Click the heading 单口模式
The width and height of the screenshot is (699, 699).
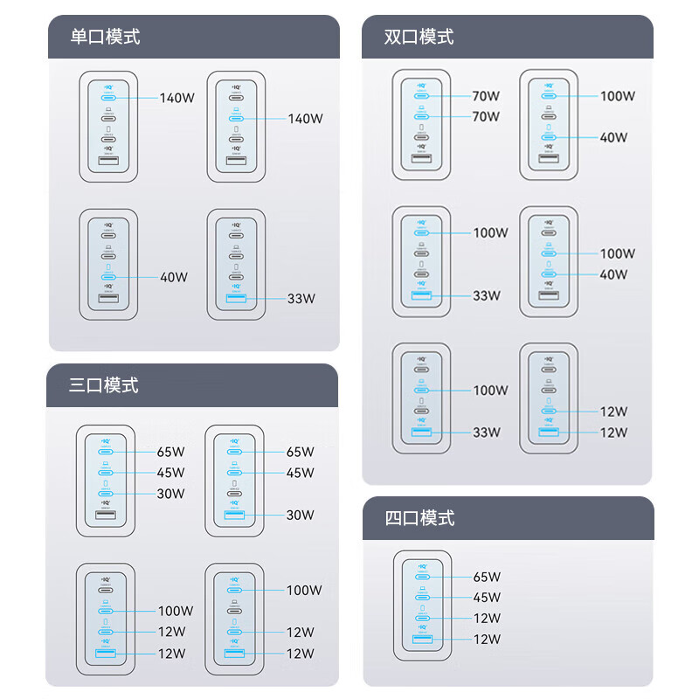pos(105,37)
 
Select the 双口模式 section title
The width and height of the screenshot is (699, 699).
pos(419,37)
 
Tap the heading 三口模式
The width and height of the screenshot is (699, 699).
pos(104,385)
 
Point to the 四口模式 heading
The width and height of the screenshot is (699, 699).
pos(419,518)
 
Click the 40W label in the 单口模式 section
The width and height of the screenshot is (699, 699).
pos(173,278)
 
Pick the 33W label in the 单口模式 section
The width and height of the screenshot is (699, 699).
pos(301,299)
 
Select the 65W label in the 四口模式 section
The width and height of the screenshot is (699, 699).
pos(487,577)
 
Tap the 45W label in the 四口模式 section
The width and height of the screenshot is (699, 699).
pos(487,598)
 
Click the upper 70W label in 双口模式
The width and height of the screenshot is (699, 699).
pos(486,96)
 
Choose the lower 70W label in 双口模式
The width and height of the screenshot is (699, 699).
pos(486,116)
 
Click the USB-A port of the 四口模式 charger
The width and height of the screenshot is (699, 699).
pos(421,639)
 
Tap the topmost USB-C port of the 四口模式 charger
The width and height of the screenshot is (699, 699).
pos(421,577)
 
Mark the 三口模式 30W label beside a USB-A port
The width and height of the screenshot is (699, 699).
pos(301,515)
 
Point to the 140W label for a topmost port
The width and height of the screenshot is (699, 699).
pos(176,98)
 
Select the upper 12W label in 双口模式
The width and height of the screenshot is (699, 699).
pos(613,412)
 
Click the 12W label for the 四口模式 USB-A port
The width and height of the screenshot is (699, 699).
pos(487,639)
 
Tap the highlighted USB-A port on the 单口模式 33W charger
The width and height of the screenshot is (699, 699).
pos(235,299)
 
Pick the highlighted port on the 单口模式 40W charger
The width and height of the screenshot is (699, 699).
pos(107,278)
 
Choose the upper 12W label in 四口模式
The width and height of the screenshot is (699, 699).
pos(487,618)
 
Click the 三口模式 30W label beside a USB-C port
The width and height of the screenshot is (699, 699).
pos(171,494)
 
